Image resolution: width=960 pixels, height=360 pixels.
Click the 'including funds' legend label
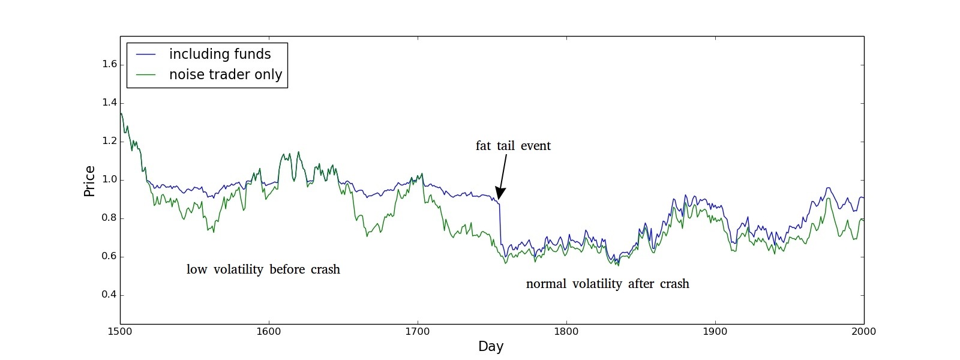(220, 54)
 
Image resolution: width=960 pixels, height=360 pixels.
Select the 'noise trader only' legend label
(225, 74)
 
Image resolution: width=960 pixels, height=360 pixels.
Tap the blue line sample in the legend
(146, 55)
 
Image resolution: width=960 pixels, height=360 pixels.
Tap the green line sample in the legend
(146, 75)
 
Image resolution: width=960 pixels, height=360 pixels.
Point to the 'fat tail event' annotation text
(513, 146)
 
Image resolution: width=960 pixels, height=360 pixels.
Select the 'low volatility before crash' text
(263, 269)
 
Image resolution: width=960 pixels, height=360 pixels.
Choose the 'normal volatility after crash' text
(607, 284)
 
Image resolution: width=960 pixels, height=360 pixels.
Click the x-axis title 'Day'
(491, 346)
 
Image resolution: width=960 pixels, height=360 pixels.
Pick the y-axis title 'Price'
(89, 181)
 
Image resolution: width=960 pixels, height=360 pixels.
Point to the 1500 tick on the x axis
(120, 331)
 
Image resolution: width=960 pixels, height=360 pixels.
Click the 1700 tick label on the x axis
(418, 331)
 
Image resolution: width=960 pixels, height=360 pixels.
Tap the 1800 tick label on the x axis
(566, 331)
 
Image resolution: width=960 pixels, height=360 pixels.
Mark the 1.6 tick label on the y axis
(109, 65)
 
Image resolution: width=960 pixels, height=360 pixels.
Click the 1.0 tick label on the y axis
(109, 180)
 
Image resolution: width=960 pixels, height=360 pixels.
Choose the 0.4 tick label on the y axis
(109, 295)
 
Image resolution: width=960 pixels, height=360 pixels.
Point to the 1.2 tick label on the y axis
(109, 142)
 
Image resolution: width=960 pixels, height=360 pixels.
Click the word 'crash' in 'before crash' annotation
(325, 269)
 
